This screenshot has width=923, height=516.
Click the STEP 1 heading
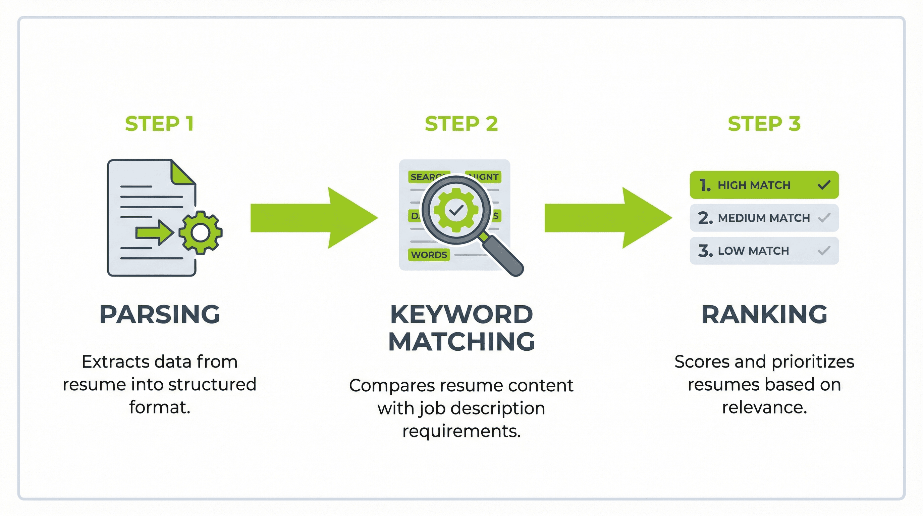(159, 124)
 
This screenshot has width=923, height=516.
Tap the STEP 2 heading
(461, 124)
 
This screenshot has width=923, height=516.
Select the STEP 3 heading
(764, 124)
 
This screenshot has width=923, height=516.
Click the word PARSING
(159, 314)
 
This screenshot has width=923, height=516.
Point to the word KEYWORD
(461, 314)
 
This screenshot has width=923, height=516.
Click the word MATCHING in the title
(461, 341)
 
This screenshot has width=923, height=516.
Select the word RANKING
(764, 314)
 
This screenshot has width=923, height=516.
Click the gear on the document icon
(201, 232)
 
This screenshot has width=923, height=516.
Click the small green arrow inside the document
(154, 232)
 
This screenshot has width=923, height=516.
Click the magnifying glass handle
(503, 256)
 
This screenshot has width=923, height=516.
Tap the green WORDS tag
(429, 255)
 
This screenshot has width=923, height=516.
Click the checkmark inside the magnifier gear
(456, 210)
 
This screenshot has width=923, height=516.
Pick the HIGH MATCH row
(764, 185)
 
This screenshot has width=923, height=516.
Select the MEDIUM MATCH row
(764, 218)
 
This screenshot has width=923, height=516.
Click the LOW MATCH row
(764, 251)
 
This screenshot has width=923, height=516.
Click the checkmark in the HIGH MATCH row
(824, 185)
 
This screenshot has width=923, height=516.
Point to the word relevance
(764, 407)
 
